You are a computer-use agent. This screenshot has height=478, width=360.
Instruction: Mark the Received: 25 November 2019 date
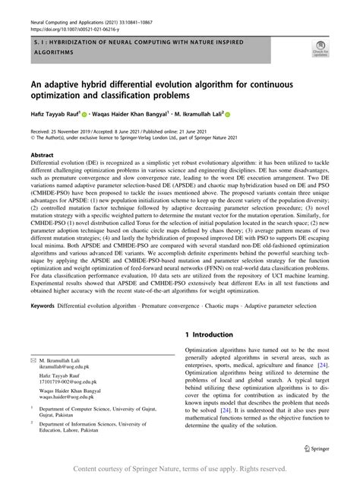tap(71, 131)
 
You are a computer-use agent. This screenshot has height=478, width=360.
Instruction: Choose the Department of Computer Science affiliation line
tap(91, 417)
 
